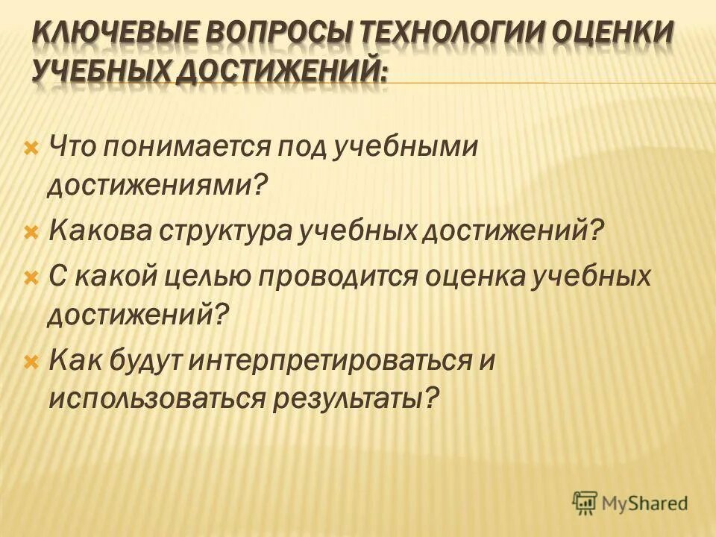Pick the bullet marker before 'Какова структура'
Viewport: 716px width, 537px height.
(x=31, y=233)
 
